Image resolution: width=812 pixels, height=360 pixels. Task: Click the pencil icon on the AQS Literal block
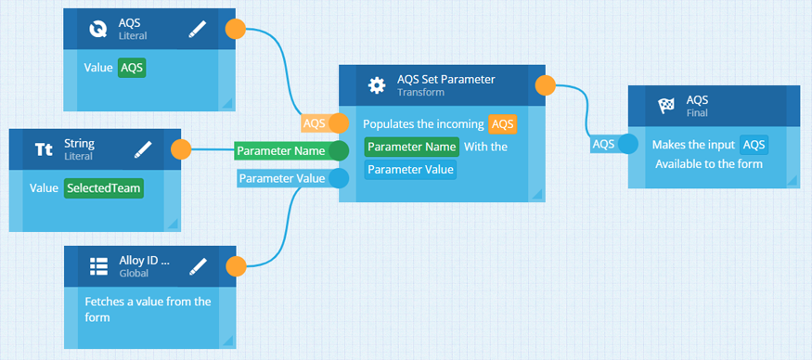pos(198,30)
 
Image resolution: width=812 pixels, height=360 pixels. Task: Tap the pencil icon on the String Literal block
pos(142,150)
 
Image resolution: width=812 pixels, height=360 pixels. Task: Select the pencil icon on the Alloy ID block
pos(198,266)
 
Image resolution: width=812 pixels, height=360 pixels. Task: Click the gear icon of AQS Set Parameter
pos(377,85)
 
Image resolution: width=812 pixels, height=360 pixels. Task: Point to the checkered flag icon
pos(665,106)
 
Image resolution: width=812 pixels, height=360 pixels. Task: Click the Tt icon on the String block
pos(44,150)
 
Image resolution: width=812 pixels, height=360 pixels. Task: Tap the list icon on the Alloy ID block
pos(98,266)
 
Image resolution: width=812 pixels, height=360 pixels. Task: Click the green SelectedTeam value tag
pos(104,188)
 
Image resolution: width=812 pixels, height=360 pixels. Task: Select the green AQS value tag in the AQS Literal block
pos(132,68)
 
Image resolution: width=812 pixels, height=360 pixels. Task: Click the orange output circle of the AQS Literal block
pos(236,29)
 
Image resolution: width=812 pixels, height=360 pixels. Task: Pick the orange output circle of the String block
pos(181,150)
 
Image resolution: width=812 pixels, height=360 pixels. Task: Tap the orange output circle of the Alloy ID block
pos(236,265)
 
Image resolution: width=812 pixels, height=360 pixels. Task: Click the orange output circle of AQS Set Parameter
pos(546,85)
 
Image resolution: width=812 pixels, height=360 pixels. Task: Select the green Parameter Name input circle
pos(339,150)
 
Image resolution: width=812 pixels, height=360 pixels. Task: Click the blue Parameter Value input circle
pos(339,178)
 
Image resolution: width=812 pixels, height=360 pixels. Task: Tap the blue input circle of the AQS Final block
pos(628,144)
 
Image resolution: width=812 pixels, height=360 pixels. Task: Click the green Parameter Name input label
pos(281,150)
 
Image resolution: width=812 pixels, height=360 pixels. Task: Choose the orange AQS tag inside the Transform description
pos(502,124)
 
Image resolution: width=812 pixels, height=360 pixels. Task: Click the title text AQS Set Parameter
pos(445,79)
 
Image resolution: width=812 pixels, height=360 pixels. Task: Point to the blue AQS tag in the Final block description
pos(754,145)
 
